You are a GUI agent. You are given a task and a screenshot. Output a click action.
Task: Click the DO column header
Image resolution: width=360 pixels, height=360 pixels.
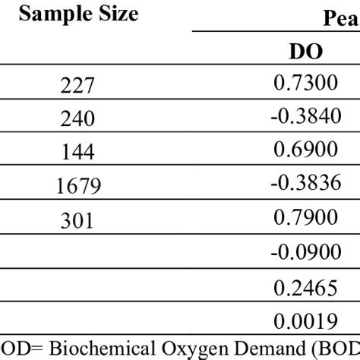pos(305,52)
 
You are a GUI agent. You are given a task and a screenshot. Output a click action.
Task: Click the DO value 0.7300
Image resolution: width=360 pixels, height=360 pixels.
pos(305,85)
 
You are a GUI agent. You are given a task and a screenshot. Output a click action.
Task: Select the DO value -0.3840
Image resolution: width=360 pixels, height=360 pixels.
pos(305,118)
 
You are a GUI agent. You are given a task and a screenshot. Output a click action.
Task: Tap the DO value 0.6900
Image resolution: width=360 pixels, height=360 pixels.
pos(305,152)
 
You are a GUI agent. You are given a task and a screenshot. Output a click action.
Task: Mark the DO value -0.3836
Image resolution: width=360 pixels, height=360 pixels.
pos(305,185)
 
